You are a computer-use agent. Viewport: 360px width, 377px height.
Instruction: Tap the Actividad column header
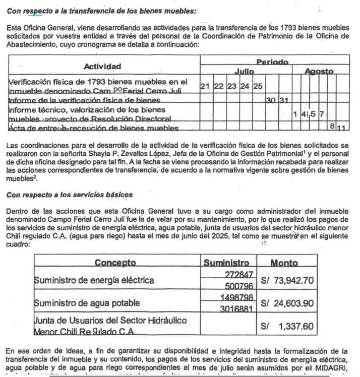[102, 66]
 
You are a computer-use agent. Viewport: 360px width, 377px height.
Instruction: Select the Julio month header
[244, 72]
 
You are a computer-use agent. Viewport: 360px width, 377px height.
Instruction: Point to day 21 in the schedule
[205, 86]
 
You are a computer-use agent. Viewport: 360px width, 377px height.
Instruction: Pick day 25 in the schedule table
[258, 86]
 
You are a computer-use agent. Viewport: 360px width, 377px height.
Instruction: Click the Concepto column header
[115, 262]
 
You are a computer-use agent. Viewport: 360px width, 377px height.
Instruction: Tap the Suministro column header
[226, 263]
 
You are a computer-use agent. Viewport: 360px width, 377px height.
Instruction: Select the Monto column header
[284, 263]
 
